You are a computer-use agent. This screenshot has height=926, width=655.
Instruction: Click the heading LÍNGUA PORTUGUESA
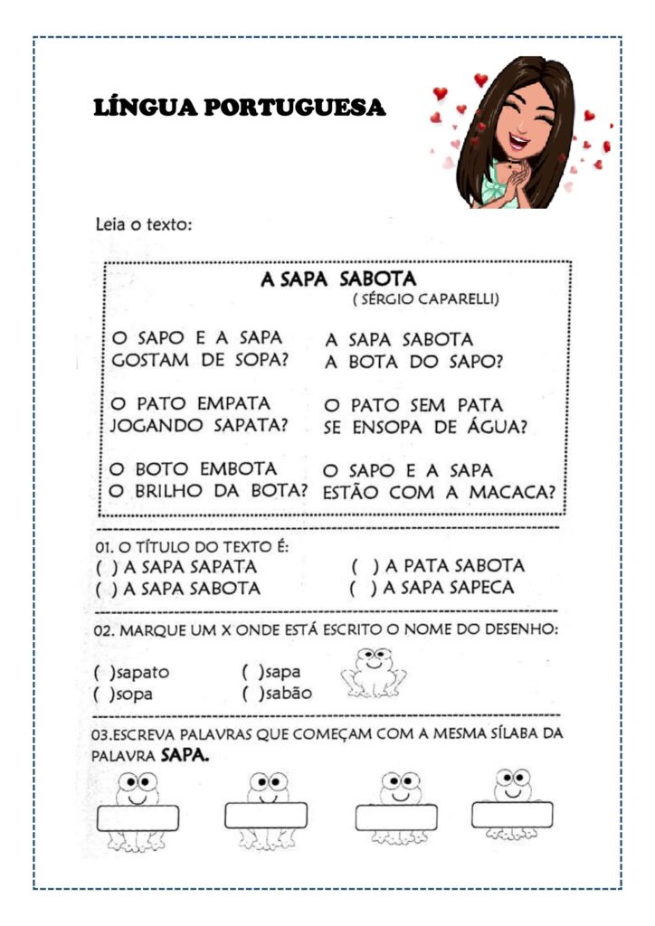tap(240, 109)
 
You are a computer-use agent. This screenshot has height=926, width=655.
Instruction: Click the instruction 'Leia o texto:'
tap(144, 223)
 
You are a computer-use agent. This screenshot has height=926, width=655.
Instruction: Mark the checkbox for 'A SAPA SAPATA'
tap(103, 567)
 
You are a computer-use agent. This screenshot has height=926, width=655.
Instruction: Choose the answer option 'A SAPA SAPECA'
tap(449, 588)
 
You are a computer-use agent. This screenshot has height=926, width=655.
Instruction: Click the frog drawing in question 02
tap(373, 673)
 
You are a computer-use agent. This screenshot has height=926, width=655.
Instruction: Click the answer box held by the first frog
tap(138, 817)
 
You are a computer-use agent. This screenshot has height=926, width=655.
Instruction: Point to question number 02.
tap(104, 629)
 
